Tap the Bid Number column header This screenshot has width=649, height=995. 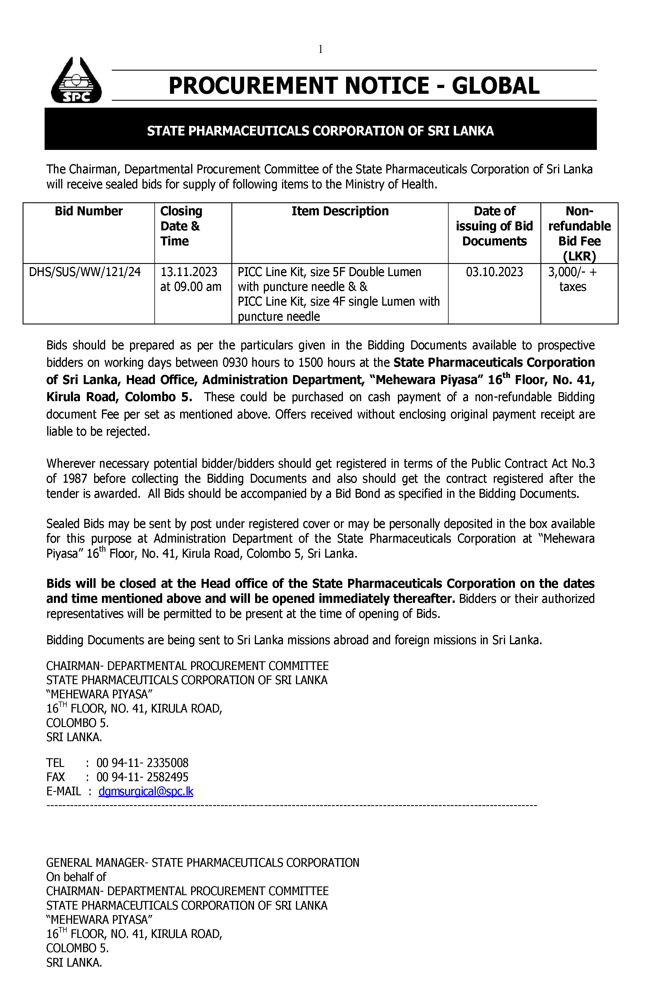pyautogui.click(x=89, y=211)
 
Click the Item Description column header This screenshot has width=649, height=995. pyautogui.click(x=340, y=211)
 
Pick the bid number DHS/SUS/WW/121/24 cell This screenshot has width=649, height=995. pyautogui.click(x=85, y=272)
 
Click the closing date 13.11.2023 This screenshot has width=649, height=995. pyautogui.click(x=189, y=272)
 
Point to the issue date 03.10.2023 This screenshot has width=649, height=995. pyautogui.click(x=494, y=272)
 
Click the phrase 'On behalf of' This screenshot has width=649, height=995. pyautogui.click(x=76, y=876)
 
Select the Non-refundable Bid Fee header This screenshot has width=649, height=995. pyautogui.click(x=579, y=233)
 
